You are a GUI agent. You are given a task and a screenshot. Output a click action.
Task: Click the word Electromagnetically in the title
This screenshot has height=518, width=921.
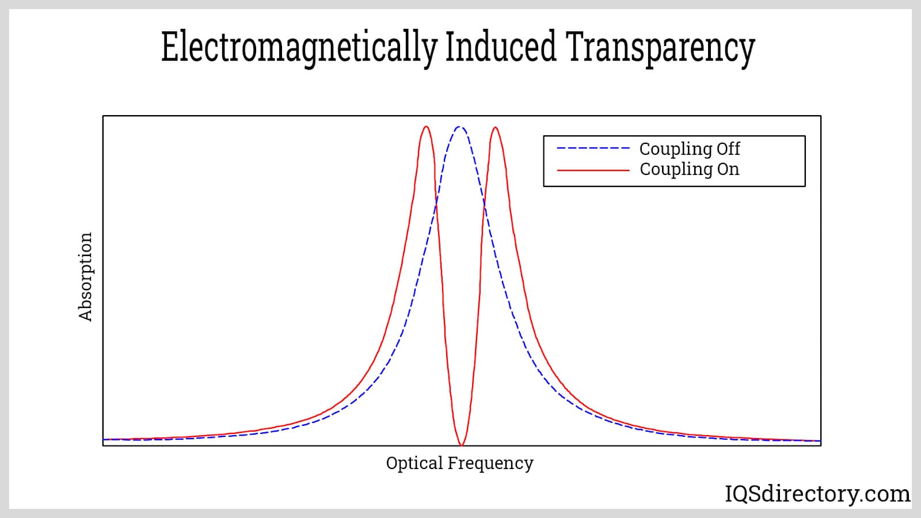pos(299,47)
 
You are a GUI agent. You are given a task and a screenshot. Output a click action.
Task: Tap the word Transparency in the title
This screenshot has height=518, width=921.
pos(660,47)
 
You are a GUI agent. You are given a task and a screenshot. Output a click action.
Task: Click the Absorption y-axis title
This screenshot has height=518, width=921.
pos(85,277)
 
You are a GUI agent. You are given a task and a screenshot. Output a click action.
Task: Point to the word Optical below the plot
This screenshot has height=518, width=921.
pos(414,463)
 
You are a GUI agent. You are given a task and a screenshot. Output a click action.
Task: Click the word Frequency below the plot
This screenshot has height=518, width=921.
pos(490,463)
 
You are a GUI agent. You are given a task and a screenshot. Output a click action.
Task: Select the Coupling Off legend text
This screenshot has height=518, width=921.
pos(690,149)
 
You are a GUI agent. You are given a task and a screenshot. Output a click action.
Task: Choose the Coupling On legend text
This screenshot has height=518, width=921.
pos(690,169)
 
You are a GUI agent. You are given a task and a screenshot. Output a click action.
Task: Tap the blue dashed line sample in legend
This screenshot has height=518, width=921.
pos(593,148)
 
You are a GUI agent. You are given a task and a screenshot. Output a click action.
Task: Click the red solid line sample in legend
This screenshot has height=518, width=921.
pos(593,170)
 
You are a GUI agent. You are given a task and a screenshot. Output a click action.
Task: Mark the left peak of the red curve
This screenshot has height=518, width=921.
pos(426,127)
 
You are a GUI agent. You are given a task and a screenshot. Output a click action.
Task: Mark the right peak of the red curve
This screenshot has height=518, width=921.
pos(495,127)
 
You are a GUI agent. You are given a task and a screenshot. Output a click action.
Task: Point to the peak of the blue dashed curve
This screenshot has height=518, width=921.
pos(460,127)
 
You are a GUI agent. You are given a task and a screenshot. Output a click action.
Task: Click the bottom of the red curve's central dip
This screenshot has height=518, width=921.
pos(461,445)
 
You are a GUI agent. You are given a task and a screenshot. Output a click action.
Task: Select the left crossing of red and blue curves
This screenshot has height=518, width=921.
pos(436,204)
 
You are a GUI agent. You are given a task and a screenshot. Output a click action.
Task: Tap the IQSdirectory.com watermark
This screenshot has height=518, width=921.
pos(817,494)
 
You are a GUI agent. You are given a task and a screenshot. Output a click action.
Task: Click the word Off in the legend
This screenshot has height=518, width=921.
pos(728,148)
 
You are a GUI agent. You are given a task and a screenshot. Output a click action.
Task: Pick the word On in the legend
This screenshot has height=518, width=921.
pos(728,169)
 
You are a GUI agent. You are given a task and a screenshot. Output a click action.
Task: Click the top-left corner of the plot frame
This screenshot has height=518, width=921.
pos(103,116)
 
